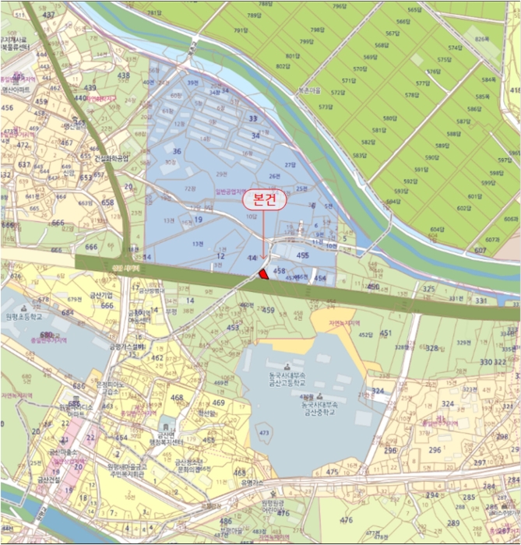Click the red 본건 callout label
click(x=265, y=199)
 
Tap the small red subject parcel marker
click(x=265, y=273)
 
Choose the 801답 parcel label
click(x=293, y=56)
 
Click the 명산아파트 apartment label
click(x=16, y=90)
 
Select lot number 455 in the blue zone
click(x=302, y=255)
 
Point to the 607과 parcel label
click(x=491, y=239)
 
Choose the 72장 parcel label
click(x=191, y=188)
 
